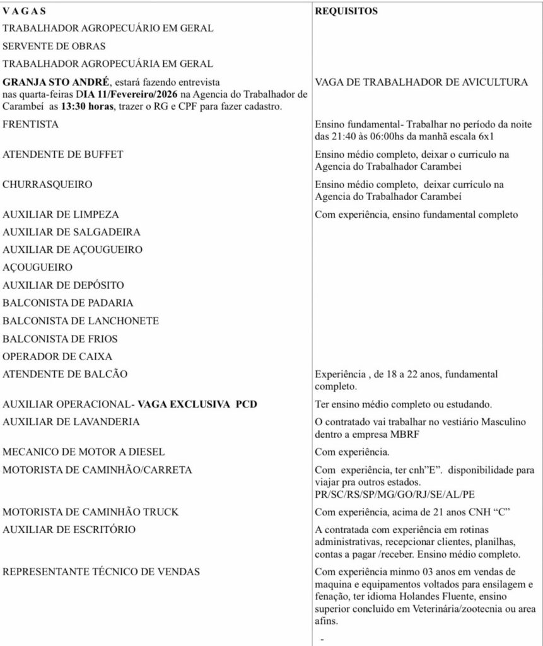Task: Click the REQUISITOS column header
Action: [346, 11]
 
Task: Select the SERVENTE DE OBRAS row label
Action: [54, 46]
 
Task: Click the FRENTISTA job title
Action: [31, 124]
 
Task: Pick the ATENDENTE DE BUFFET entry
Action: [63, 154]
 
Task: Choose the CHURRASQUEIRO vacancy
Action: [47, 184]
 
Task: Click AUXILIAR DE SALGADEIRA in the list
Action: [71, 232]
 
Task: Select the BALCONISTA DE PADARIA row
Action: [68, 303]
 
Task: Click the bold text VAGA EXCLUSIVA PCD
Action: [198, 404]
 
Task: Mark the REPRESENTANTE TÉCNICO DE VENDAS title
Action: [102, 572]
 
